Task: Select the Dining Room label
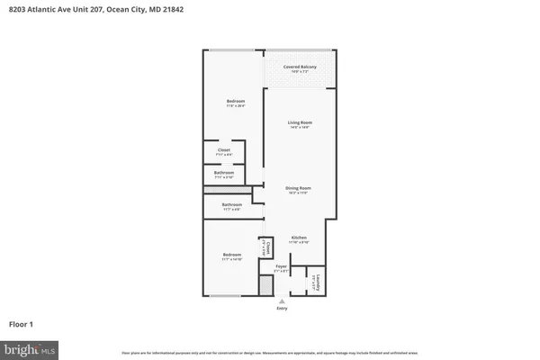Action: click(300, 188)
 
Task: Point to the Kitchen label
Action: click(300, 238)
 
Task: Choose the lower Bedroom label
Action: click(232, 256)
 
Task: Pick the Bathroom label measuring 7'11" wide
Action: click(224, 173)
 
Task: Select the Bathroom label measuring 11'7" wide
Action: click(232, 206)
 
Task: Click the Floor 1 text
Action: click(22, 323)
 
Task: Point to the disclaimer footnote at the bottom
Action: click(270, 349)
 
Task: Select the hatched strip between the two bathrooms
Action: click(227, 190)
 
